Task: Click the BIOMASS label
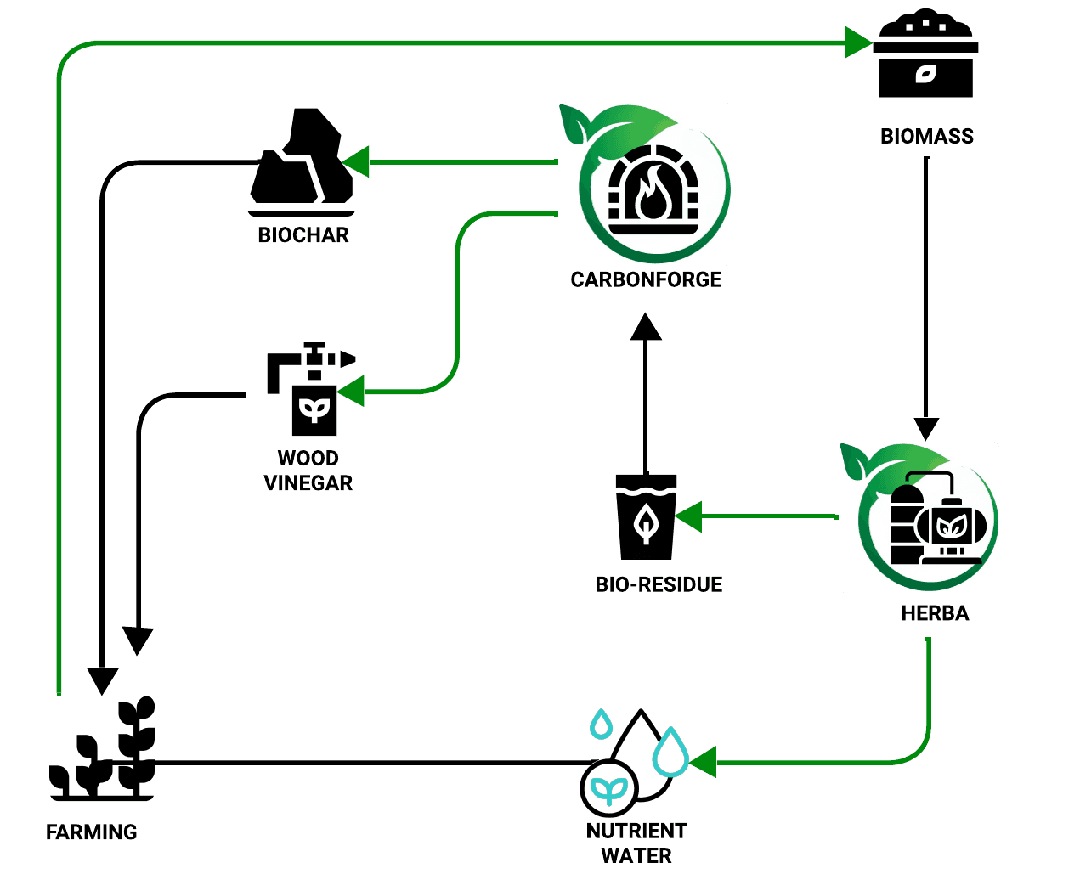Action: tap(926, 136)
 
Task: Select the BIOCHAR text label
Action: tap(303, 234)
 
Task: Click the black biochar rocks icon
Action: tap(302, 161)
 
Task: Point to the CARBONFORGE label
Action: tap(646, 279)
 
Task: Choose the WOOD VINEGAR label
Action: tap(308, 471)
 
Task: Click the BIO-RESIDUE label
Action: tap(659, 584)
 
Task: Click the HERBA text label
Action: tap(935, 613)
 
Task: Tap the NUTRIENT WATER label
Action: tap(636, 843)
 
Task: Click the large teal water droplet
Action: tap(670, 751)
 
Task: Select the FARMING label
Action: tap(92, 832)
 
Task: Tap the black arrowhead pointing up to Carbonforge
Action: tap(646, 326)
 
